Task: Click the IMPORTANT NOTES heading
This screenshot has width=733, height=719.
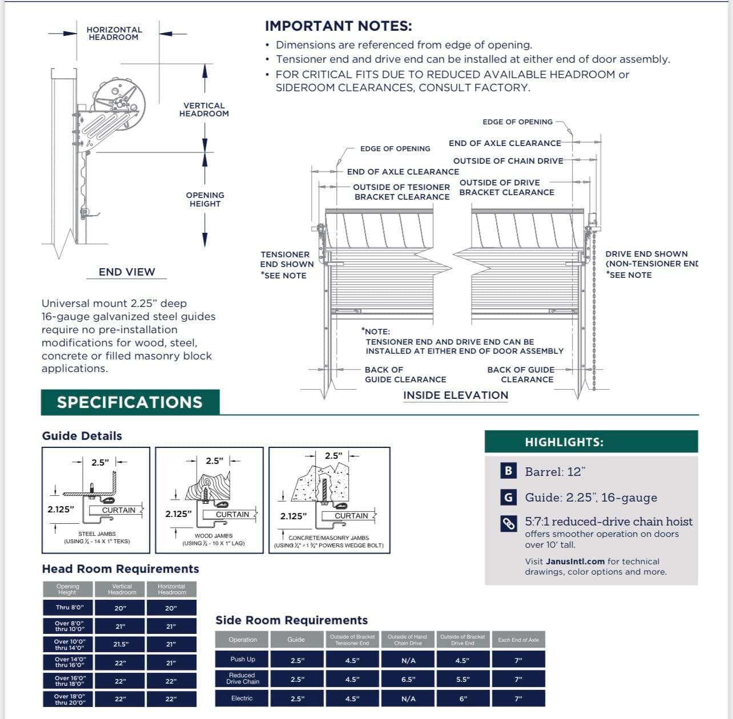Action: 338,26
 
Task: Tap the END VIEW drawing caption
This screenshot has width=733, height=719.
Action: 127,272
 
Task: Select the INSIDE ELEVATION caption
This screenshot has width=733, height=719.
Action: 456,395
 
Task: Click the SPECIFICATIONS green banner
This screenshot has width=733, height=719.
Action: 130,402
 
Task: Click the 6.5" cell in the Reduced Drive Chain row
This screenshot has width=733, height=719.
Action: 408,679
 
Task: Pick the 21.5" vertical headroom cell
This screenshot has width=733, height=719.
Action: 121,644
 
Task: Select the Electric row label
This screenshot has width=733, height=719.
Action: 242,698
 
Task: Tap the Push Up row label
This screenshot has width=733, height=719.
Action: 243,659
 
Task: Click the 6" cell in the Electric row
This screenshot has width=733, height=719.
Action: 463,698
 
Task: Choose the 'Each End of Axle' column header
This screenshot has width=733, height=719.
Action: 518,640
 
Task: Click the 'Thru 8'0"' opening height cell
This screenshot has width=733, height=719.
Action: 69,607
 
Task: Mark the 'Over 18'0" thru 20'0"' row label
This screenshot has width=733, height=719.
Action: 69,699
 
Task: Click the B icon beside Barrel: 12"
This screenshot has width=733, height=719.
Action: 508,471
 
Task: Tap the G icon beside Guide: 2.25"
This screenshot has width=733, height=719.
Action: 508,497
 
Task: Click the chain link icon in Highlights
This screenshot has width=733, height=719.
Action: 508,523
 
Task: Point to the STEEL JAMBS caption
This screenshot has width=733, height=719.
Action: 96,534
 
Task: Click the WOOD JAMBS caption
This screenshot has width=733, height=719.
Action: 214,536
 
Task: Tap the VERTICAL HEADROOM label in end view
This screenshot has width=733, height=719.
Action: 204,110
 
